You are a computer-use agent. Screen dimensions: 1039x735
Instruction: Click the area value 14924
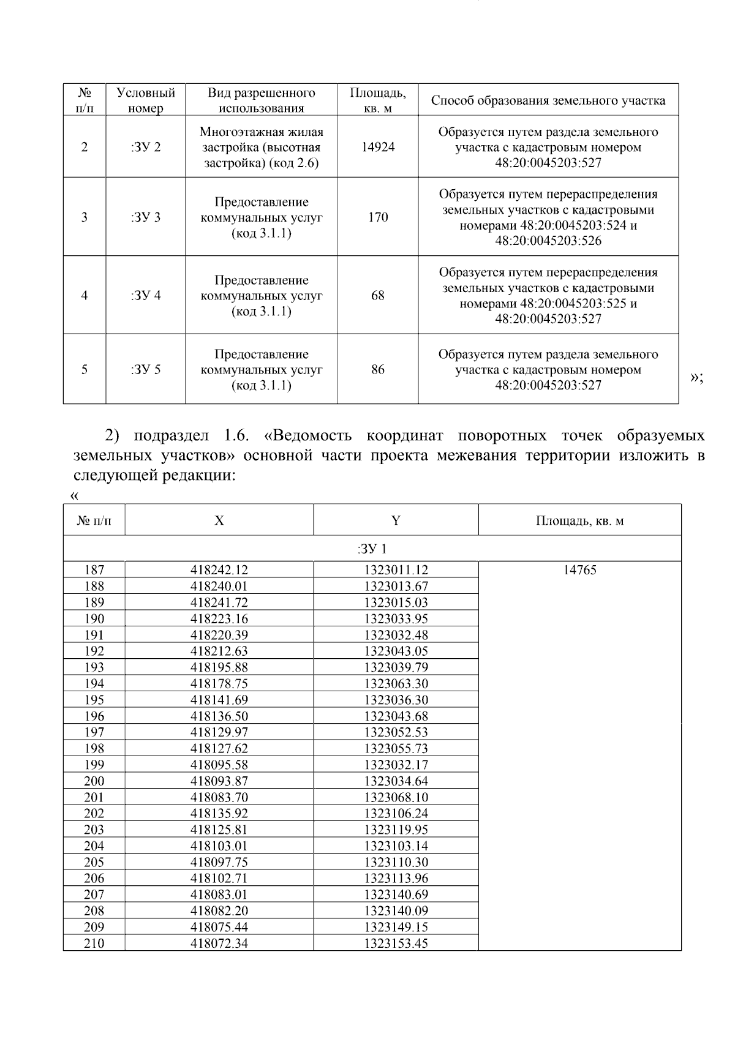click(x=377, y=147)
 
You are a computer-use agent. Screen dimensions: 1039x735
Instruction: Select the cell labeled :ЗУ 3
click(x=146, y=217)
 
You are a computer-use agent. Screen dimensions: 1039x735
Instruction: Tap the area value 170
click(x=377, y=217)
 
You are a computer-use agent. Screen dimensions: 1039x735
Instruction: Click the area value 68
click(x=377, y=296)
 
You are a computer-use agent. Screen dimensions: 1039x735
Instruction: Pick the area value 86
click(x=377, y=370)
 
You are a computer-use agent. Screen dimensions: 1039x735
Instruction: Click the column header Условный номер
click(x=146, y=100)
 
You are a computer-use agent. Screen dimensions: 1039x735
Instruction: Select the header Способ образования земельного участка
click(x=548, y=100)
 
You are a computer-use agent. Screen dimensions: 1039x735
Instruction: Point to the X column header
click(x=219, y=520)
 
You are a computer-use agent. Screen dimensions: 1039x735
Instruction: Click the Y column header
click(x=396, y=520)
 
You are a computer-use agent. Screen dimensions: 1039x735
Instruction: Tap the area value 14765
click(x=579, y=570)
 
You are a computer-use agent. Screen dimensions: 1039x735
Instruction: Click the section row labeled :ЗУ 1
click(x=372, y=549)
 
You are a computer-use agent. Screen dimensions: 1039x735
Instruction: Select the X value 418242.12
click(x=219, y=570)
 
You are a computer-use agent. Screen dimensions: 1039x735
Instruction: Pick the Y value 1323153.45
click(x=396, y=943)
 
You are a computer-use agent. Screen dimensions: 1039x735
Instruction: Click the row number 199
click(x=94, y=765)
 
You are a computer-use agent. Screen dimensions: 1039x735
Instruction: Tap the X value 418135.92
click(x=219, y=814)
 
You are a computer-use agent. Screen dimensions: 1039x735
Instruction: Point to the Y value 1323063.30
click(x=396, y=684)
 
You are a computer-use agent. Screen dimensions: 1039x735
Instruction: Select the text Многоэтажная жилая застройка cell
click(x=261, y=148)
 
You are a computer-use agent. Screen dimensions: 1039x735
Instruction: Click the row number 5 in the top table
click(x=85, y=370)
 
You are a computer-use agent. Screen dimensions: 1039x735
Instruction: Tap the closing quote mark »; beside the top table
click(x=696, y=377)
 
